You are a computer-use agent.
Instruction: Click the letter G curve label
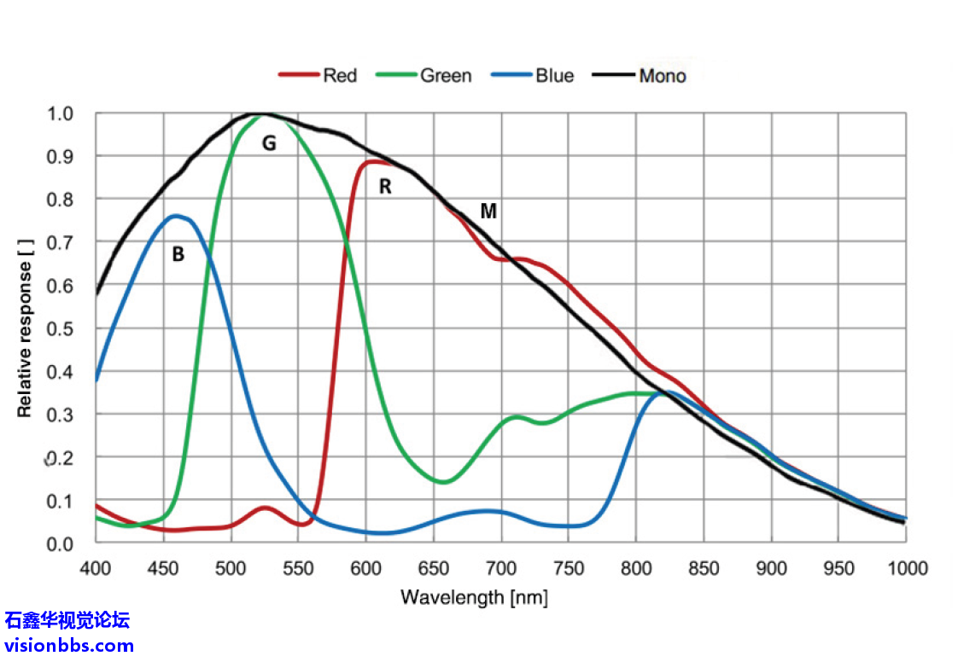point(269,143)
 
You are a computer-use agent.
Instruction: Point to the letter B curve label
point(178,254)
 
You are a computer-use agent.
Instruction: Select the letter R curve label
point(385,186)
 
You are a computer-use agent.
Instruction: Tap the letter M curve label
point(488,211)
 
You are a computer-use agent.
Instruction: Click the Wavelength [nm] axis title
point(474,597)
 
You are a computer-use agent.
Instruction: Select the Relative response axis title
point(25,328)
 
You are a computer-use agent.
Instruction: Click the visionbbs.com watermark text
point(69,645)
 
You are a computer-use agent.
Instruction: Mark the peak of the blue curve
point(176,215)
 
